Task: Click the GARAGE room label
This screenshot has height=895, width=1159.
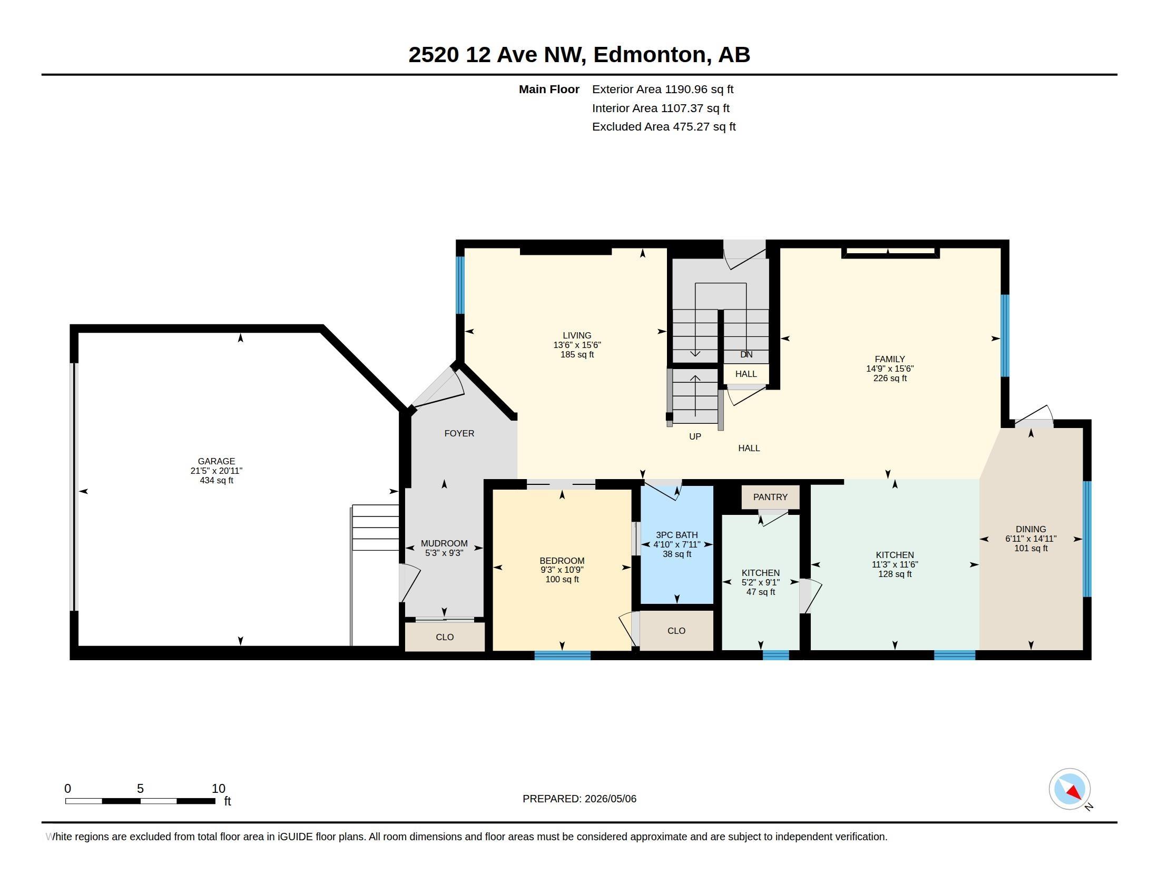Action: click(x=216, y=461)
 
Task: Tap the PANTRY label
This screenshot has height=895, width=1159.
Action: click(x=770, y=497)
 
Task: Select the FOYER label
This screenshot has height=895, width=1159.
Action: click(x=459, y=433)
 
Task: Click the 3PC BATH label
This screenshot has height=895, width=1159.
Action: click(x=676, y=535)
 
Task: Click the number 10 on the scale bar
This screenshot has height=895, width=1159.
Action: click(x=219, y=789)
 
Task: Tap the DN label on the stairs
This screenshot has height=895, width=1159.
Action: click(x=746, y=354)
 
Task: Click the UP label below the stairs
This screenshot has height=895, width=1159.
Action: click(x=695, y=436)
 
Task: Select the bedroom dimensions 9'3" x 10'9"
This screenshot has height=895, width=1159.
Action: click(x=562, y=570)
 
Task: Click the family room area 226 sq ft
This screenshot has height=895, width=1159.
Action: click(x=890, y=378)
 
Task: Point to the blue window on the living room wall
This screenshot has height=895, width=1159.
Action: click(x=460, y=285)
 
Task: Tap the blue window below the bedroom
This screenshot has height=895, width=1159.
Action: click(x=562, y=655)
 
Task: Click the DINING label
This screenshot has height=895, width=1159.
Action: click(x=1030, y=529)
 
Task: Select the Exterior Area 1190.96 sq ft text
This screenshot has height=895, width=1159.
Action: click(x=663, y=89)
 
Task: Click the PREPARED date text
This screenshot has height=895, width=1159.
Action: click(x=579, y=799)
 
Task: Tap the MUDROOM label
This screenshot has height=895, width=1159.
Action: click(x=444, y=543)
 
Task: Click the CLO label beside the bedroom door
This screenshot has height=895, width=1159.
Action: click(x=676, y=630)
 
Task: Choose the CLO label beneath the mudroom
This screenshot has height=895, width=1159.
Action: click(x=445, y=637)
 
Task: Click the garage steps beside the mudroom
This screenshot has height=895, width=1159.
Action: click(x=375, y=528)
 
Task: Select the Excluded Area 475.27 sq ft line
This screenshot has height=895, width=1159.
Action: click(x=664, y=126)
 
